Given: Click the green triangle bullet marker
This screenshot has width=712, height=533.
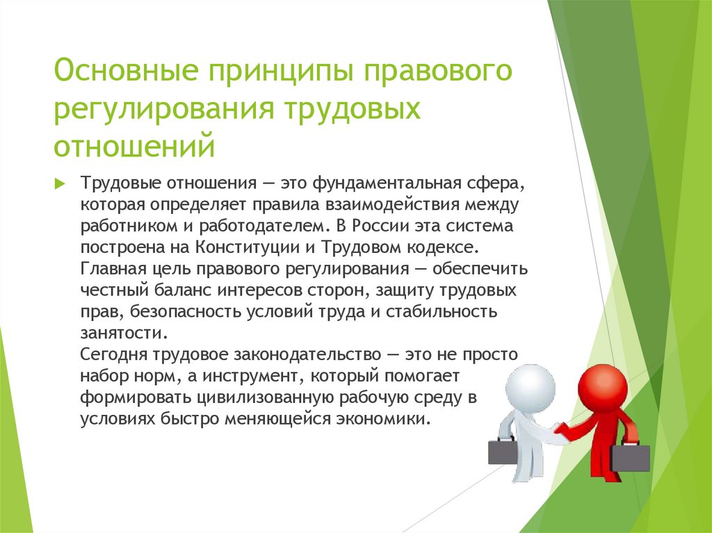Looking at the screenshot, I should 60,183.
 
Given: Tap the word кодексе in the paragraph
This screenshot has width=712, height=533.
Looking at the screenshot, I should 444,247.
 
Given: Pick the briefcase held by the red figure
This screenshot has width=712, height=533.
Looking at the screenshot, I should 630,457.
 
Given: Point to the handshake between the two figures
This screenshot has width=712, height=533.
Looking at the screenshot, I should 557,433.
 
